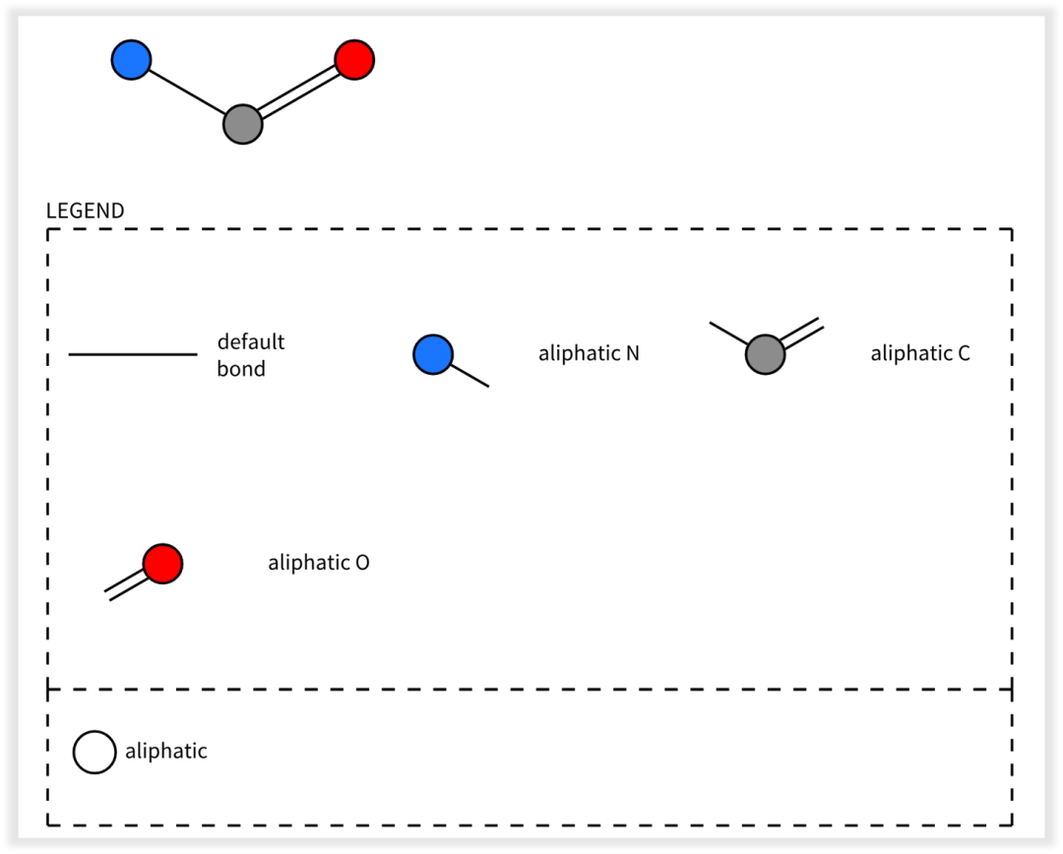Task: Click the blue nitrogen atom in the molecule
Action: click(x=131, y=60)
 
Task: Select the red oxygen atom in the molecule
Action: click(x=354, y=60)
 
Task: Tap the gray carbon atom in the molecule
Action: click(x=243, y=124)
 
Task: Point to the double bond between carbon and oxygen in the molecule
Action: click(x=299, y=92)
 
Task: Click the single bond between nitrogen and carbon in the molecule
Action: click(x=187, y=92)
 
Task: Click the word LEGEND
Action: click(x=86, y=211)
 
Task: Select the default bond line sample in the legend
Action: click(x=133, y=354)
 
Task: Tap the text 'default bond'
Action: click(x=251, y=355)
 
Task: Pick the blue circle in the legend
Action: click(x=433, y=354)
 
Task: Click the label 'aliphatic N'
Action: click(x=589, y=353)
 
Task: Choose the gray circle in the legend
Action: click(x=766, y=354)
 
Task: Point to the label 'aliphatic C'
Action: click(x=920, y=353)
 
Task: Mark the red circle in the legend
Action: click(x=162, y=563)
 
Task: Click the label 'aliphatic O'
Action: click(x=319, y=563)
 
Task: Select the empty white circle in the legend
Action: click(x=94, y=753)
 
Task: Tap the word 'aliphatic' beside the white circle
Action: click(x=166, y=751)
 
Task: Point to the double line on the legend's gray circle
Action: click(x=803, y=333)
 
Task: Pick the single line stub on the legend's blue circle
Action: click(x=469, y=376)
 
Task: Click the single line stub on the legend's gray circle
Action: click(x=728, y=334)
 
